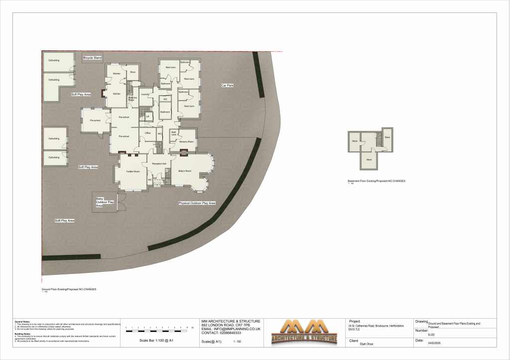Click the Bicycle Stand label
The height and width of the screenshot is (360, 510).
tap(92, 58)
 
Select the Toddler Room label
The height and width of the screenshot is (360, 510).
tap(132, 171)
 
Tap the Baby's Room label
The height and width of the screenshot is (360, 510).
tap(185, 171)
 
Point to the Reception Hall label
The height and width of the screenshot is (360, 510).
tap(159, 163)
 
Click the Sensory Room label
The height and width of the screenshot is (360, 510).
tap(186, 142)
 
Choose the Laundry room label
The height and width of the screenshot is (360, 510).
tap(145, 94)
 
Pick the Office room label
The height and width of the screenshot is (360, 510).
tap(147, 133)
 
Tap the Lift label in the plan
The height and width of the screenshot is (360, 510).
tap(147, 117)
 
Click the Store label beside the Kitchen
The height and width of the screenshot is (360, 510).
tap(132, 72)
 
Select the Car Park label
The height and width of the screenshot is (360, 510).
tap(228, 86)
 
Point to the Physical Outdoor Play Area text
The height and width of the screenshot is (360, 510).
tap(197, 204)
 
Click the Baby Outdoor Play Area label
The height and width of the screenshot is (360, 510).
tap(105, 202)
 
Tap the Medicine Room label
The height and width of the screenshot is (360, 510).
tap(132, 99)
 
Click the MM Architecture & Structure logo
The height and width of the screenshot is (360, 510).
tap(304, 333)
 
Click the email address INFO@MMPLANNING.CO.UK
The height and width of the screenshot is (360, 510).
tap(231, 329)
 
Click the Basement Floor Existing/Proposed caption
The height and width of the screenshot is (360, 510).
tap(376, 181)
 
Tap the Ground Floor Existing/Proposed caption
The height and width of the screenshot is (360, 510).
tap(69, 289)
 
